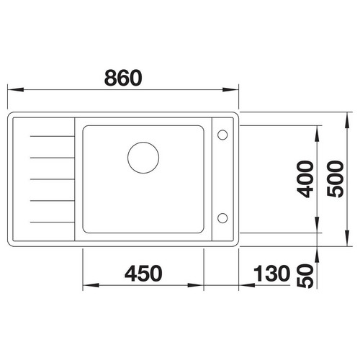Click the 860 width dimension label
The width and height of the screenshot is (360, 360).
point(123,78)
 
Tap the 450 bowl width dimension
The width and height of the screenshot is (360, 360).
point(143,274)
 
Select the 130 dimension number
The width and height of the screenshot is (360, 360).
point(271,274)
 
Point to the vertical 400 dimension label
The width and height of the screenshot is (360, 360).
point(305,179)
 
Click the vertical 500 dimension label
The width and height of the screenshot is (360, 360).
point(336,179)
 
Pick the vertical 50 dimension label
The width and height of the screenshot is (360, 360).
point(305,276)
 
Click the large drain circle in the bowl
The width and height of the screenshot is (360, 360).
point(143,158)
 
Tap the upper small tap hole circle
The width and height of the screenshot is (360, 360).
point(222,135)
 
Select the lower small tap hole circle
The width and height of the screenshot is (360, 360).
point(222,218)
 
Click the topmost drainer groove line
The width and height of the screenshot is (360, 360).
point(53,136)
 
